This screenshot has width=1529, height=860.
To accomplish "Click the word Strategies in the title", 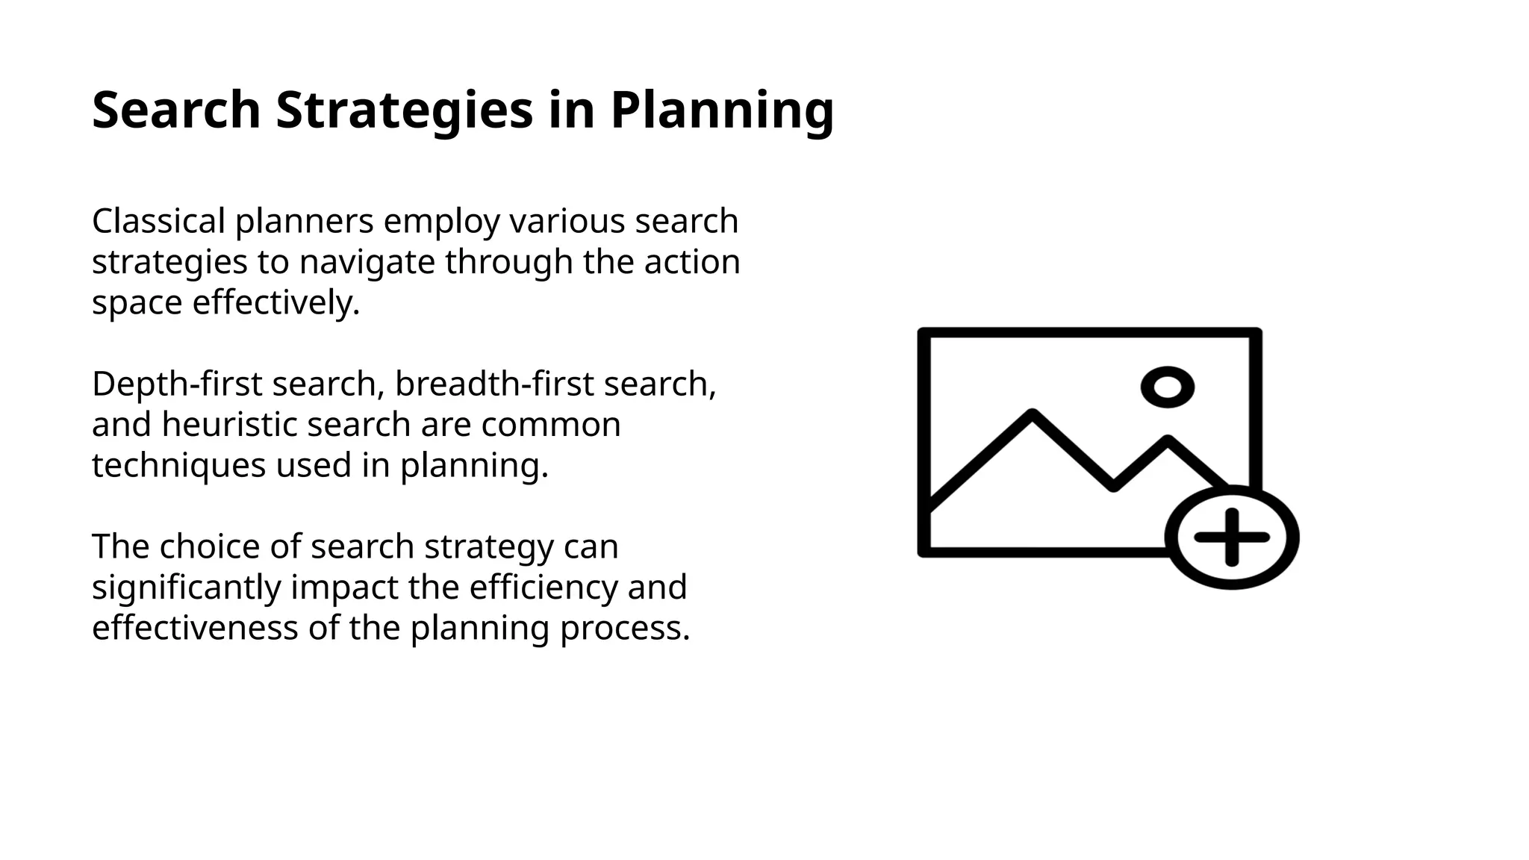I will point(404,110).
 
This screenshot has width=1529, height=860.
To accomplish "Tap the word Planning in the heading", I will point(721,110).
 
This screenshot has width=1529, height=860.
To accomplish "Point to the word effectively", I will point(275,302).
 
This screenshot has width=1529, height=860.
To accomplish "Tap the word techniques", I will point(178,465).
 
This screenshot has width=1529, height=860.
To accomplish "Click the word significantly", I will point(186,587).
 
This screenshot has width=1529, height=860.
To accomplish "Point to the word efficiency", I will point(543,587).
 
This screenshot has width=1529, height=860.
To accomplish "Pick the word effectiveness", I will point(194,628).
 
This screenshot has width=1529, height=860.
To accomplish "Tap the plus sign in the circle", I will point(1232,537).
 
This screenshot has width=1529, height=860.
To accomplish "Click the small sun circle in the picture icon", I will point(1168,387).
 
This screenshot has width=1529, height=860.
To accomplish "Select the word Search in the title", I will point(176,110).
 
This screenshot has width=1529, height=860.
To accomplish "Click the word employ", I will point(441,221).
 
